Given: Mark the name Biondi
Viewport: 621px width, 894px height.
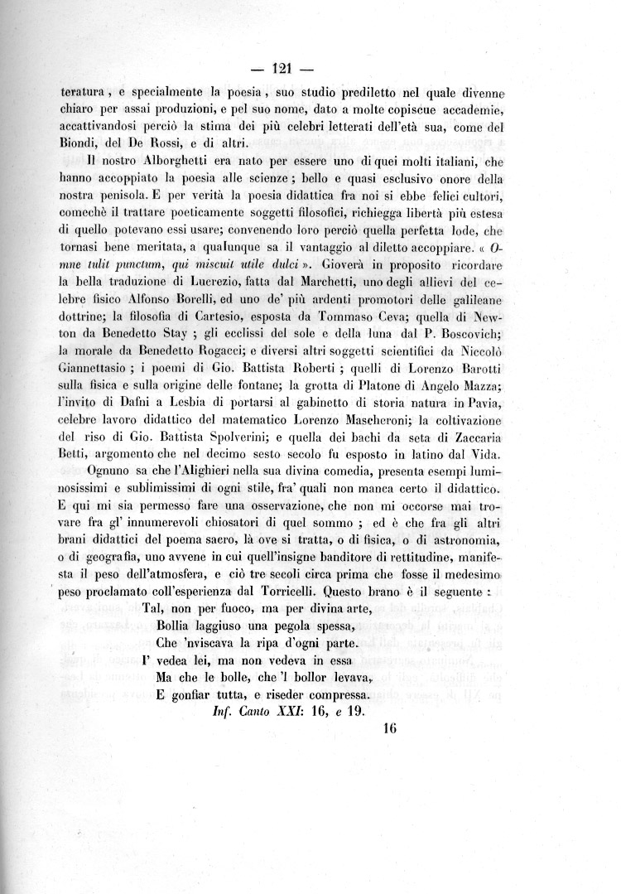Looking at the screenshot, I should click(83, 143).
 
